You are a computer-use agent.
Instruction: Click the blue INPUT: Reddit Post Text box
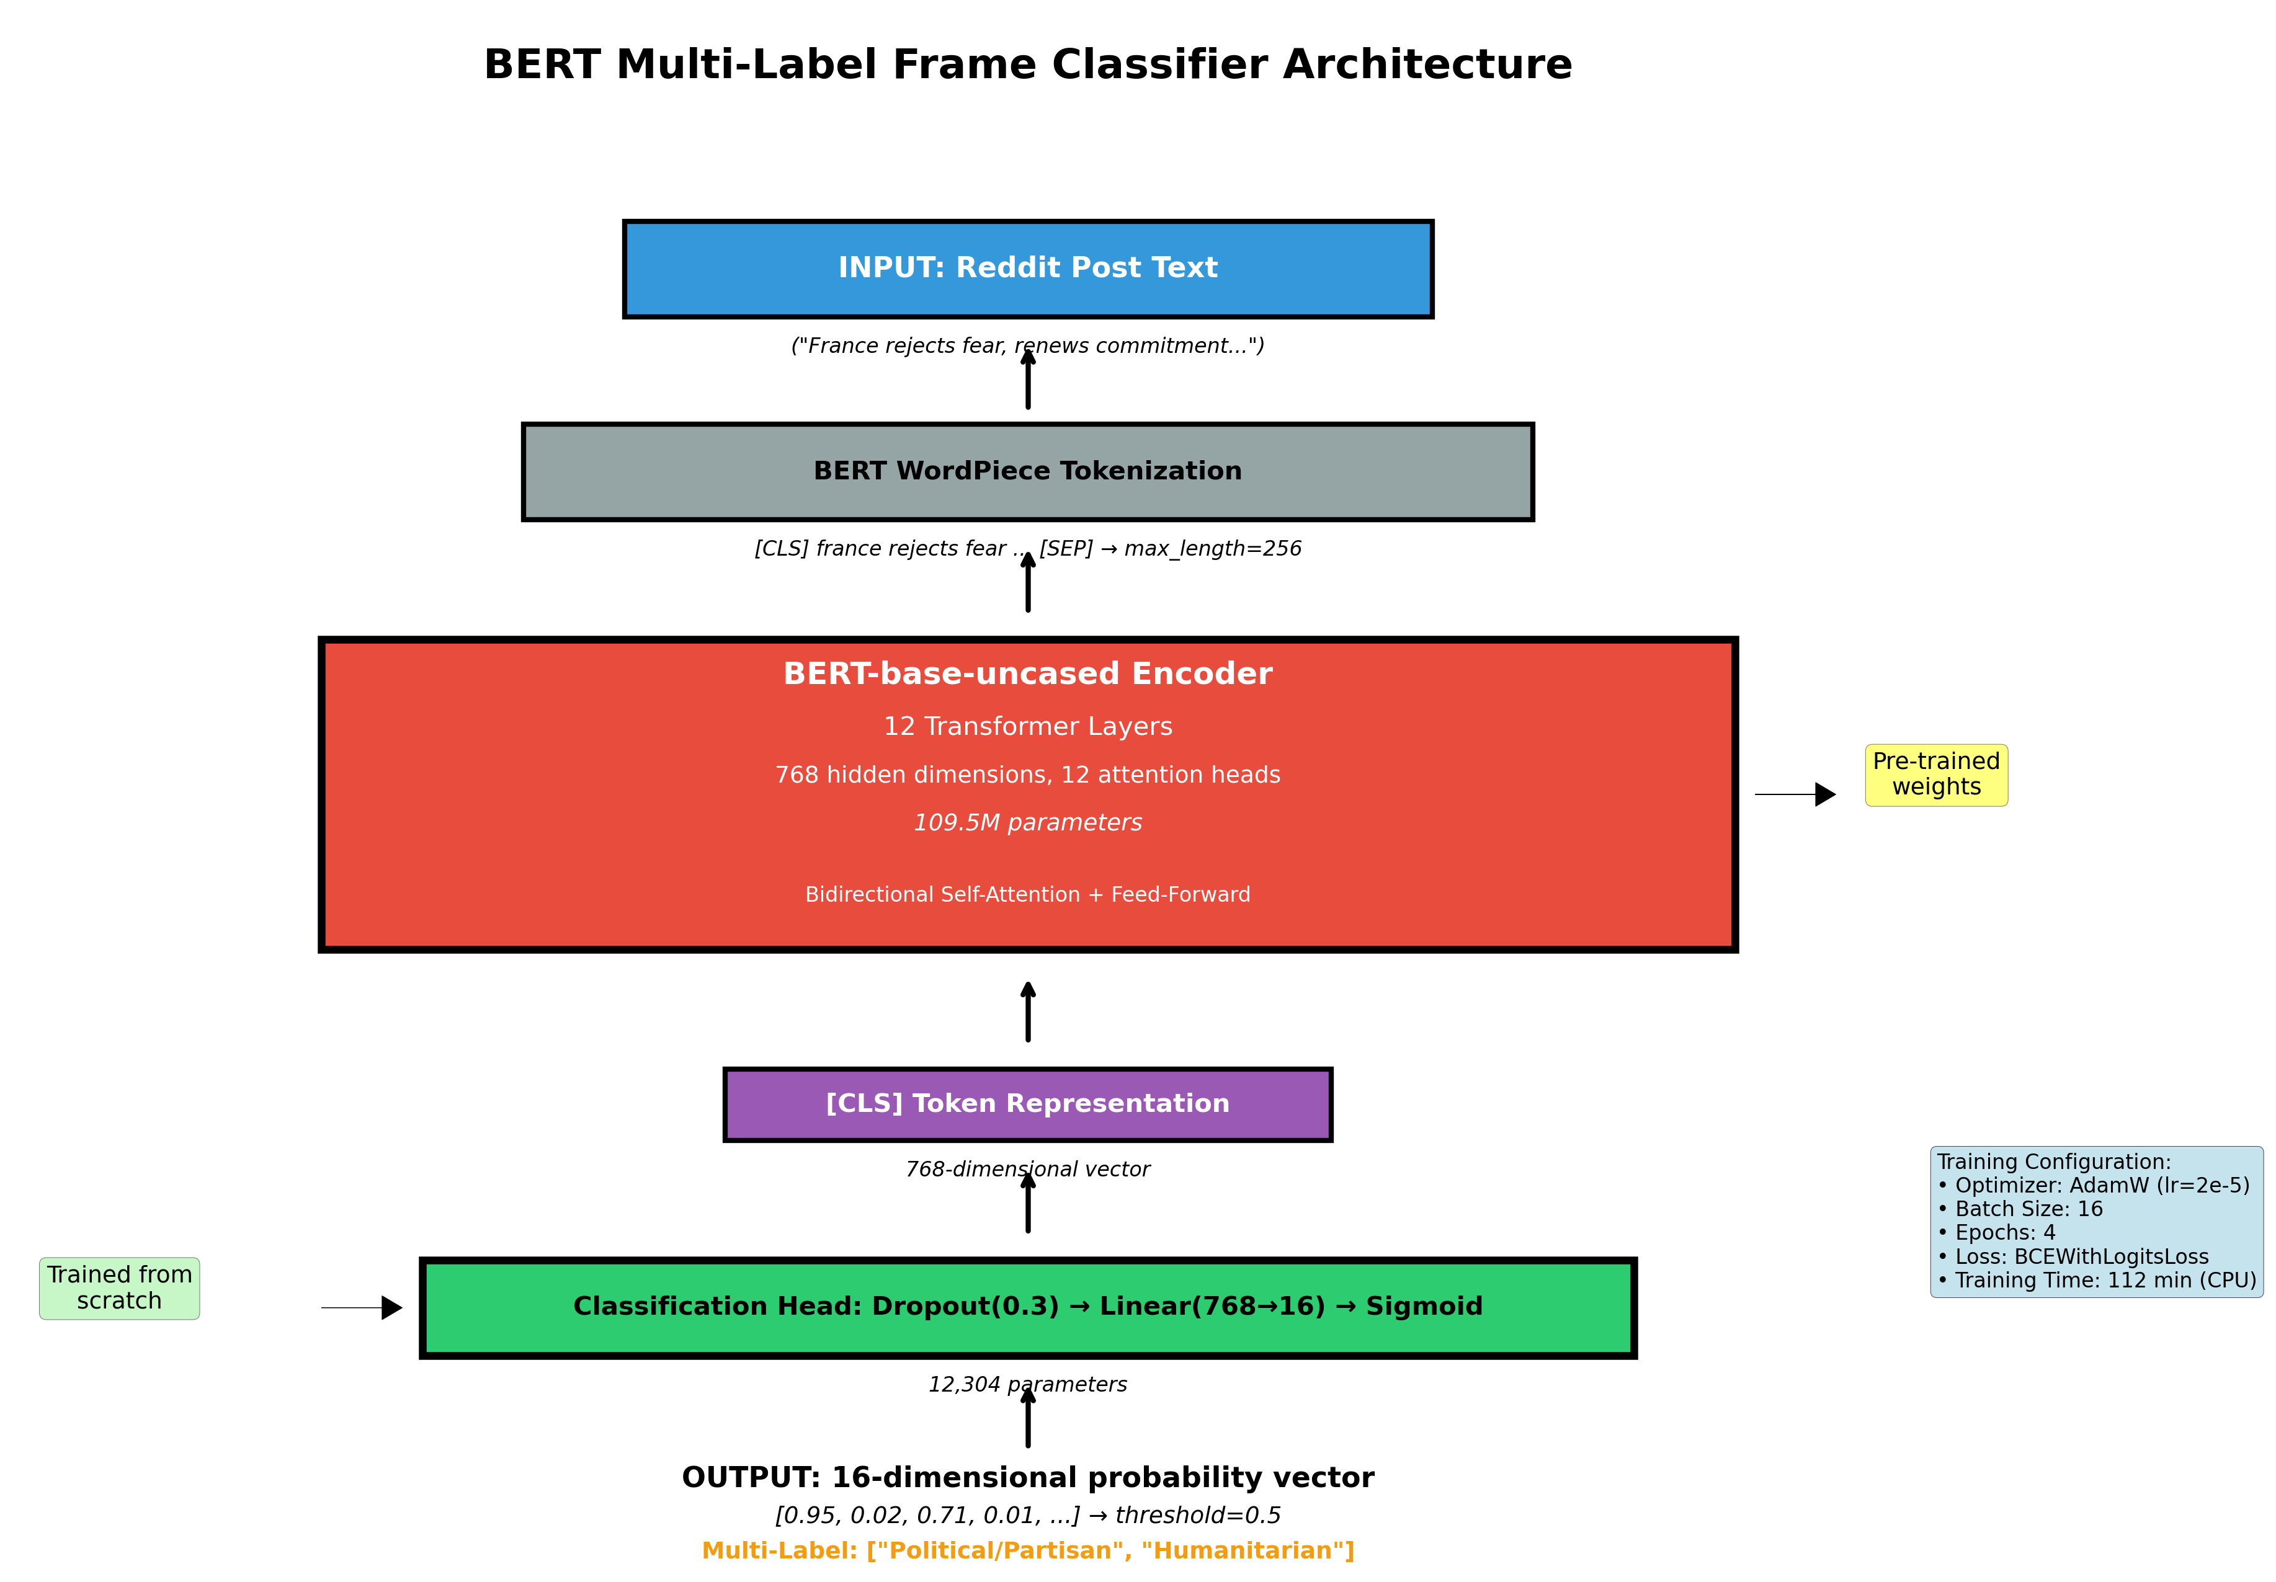point(1028,269)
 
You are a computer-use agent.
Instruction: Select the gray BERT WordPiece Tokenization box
point(1028,472)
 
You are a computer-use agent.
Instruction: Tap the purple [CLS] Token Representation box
point(1028,1104)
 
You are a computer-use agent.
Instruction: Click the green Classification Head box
point(1028,1307)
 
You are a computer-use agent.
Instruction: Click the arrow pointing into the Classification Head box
point(361,1307)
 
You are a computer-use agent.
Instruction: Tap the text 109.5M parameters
point(1028,823)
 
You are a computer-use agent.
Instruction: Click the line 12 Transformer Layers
point(1028,727)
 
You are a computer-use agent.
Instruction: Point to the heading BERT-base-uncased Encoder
point(1028,674)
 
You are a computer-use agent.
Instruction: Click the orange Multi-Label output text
point(1028,1551)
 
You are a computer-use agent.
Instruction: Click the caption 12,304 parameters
point(1028,1385)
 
